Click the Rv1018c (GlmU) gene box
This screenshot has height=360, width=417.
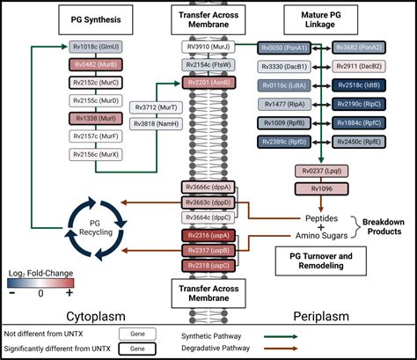pyautogui.click(x=93, y=47)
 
